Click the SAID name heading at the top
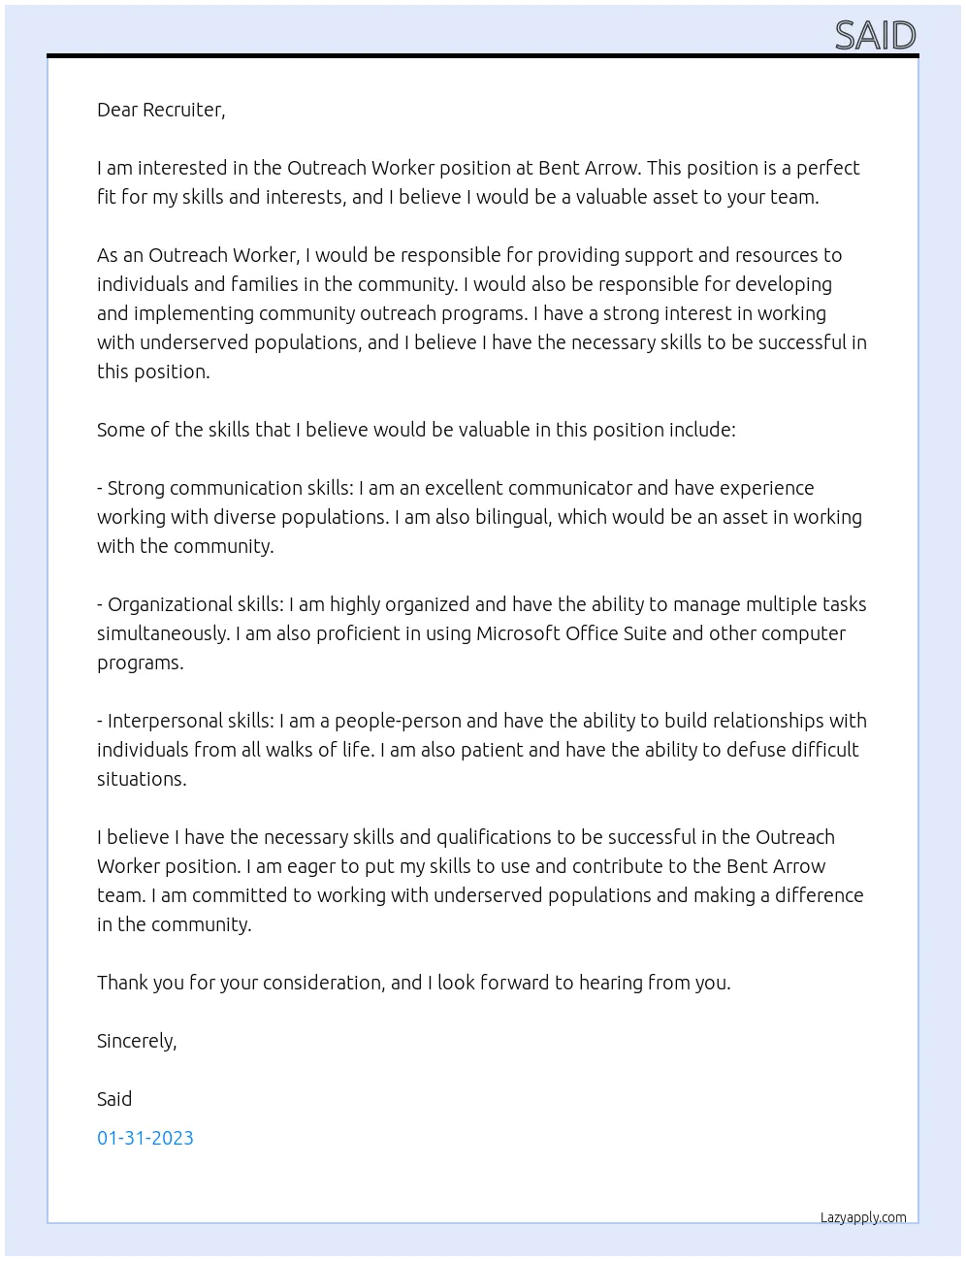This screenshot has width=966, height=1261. coord(875,35)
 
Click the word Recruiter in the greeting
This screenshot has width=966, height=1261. coord(183,110)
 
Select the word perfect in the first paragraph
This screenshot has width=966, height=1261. coord(827,168)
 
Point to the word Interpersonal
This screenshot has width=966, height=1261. coord(166,721)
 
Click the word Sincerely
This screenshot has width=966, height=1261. coord(137,1041)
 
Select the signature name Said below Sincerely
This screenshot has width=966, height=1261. coord(114,1099)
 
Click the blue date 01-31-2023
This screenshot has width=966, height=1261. coord(145,1138)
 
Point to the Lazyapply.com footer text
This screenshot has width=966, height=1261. coord(863,1217)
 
